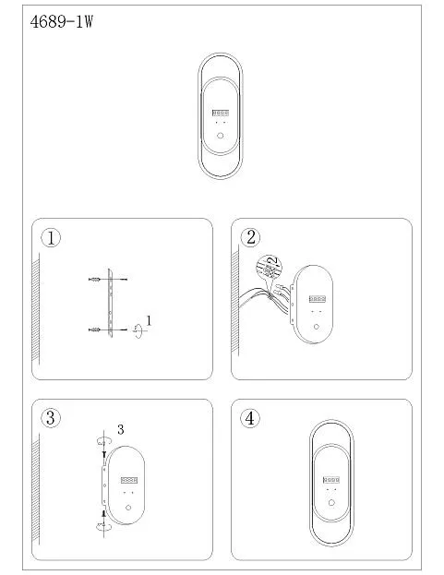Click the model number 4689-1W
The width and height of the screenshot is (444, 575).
[x=61, y=22]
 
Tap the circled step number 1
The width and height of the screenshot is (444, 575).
[x=51, y=237]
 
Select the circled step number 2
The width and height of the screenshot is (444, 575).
[x=250, y=237]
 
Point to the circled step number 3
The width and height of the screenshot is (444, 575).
[x=51, y=418]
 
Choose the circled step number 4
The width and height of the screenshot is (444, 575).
[x=250, y=418]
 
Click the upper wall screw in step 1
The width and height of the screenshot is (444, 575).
[x=94, y=280]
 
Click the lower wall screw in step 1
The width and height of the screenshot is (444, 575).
[x=94, y=330]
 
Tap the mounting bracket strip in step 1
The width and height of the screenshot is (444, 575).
[x=110, y=303]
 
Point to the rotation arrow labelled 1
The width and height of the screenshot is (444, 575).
[x=138, y=330]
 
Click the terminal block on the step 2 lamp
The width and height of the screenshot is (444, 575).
[x=318, y=299]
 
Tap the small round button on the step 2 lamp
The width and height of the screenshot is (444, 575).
[x=317, y=327]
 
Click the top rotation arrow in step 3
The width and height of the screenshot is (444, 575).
[x=103, y=441]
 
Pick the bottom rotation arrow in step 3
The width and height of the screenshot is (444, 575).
[x=103, y=527]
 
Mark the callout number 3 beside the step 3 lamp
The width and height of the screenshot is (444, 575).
[x=121, y=429]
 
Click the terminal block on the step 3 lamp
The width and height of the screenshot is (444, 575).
[x=129, y=480]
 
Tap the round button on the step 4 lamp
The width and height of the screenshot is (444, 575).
[x=331, y=503]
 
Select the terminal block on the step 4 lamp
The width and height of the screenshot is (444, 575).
[x=331, y=480]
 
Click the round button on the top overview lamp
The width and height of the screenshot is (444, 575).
[x=220, y=136]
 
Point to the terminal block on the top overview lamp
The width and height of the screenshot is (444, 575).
[x=221, y=113]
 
